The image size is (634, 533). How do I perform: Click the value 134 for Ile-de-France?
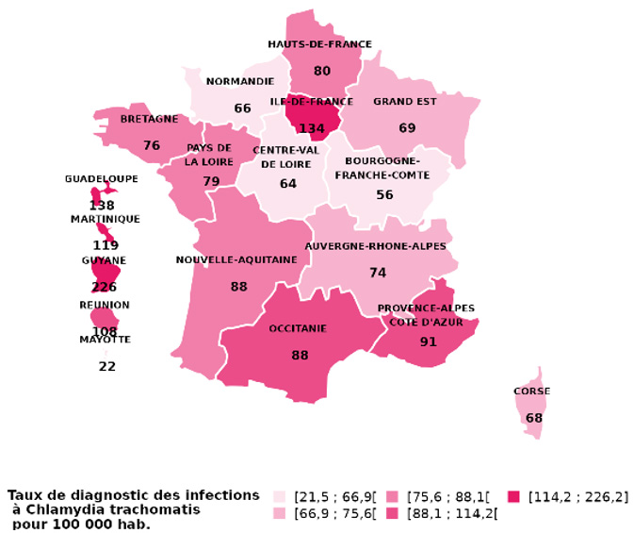[312, 128]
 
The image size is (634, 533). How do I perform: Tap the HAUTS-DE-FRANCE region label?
[319, 44]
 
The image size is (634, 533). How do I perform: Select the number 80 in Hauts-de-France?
[322, 71]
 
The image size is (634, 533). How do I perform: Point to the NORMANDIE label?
[240, 81]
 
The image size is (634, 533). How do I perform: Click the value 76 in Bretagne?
[152, 145]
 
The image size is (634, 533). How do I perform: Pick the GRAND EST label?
[405, 102]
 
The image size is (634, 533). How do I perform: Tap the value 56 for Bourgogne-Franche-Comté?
[384, 195]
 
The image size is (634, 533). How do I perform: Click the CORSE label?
[531, 391]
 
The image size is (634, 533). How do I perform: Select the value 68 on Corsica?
[534, 418]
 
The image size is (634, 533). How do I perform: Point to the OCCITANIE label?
[298, 329]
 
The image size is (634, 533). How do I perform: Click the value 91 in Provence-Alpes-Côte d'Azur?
[429, 341]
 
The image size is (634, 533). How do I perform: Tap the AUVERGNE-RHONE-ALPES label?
[375, 247]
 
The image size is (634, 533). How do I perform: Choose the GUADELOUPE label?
[101, 179]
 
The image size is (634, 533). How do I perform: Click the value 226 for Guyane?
[104, 287]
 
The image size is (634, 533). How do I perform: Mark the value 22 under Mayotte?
[107, 366]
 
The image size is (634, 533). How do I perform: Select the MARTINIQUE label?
[105, 220]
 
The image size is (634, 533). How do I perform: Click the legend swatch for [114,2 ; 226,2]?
[514, 497]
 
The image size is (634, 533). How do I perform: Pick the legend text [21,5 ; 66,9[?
[334, 497]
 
